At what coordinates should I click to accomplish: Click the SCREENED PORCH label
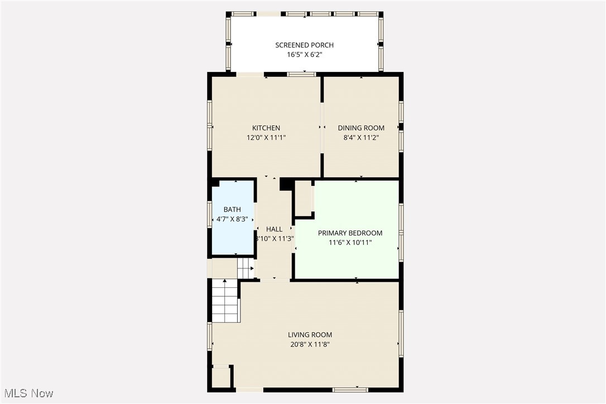coord(304,45)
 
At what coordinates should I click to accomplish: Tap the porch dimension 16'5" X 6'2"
coord(304,55)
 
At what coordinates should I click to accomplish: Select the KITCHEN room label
coord(266,128)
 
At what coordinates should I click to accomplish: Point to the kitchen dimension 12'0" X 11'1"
coord(266,137)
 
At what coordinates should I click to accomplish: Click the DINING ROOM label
coord(361,128)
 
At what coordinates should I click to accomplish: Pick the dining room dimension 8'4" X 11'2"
coord(361,137)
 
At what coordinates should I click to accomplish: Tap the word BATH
coord(232,209)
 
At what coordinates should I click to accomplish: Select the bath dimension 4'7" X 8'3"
coord(232,219)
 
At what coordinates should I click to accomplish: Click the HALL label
coord(274,229)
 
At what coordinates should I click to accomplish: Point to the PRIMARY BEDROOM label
coord(350,233)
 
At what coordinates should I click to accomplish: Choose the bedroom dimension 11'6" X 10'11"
coord(350,243)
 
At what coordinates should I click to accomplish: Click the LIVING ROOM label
coord(310,335)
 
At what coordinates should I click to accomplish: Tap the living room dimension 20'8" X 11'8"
coord(310,344)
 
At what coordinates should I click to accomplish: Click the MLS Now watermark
coord(27,393)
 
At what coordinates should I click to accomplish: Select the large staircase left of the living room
coord(225,301)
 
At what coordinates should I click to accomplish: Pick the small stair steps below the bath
coord(246,268)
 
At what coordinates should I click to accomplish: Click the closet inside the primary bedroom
coord(304,198)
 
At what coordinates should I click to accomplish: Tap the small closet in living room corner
coord(221,376)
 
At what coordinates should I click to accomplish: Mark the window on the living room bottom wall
coord(350,389)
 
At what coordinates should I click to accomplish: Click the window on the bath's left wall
coord(210,214)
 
